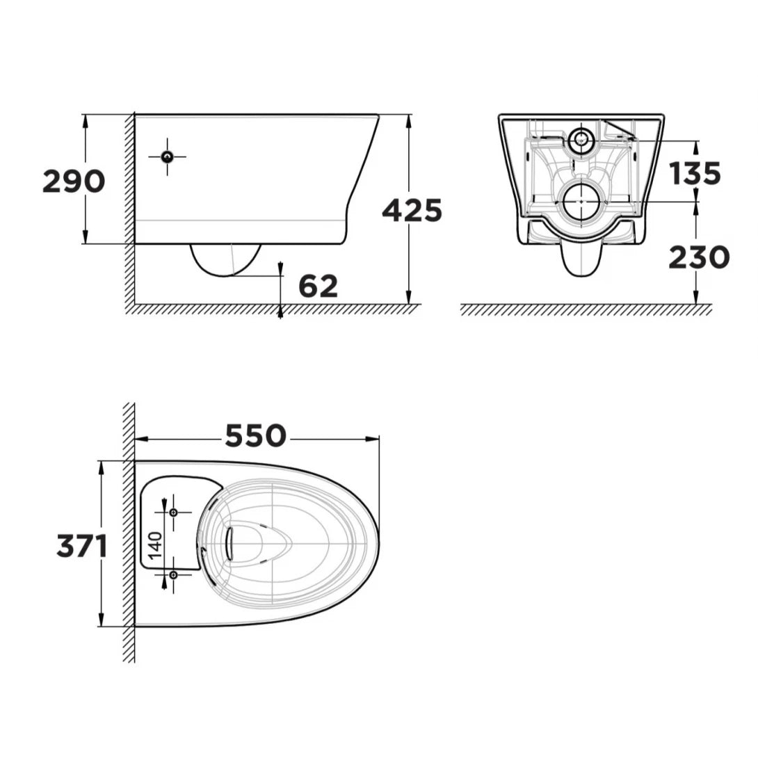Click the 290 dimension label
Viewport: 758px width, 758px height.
point(74,181)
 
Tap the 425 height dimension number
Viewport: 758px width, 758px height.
point(412,210)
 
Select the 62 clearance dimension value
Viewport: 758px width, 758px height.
point(318,286)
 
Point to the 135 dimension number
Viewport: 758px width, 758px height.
point(695,173)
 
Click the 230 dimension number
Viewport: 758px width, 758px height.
point(699,257)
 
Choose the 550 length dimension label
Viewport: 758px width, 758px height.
point(255,436)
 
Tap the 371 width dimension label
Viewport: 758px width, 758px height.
point(82,547)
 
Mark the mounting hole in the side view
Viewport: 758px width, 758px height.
point(167,156)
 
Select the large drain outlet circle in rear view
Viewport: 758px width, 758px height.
point(580,202)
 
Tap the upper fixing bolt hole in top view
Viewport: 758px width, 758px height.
point(173,512)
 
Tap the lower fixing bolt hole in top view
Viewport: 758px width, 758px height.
point(173,574)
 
